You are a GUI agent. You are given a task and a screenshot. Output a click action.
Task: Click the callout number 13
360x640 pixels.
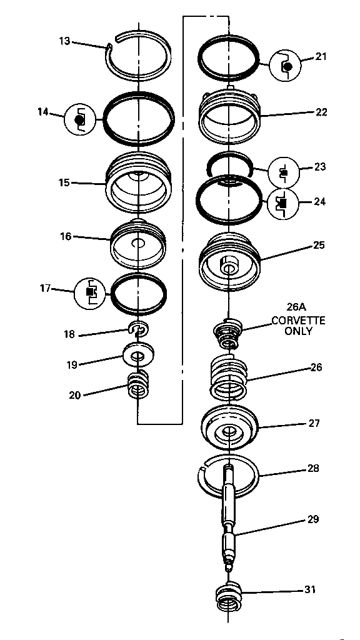65,41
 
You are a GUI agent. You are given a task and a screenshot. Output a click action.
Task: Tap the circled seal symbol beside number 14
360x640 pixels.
79,119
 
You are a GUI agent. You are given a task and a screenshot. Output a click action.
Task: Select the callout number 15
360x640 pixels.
64,182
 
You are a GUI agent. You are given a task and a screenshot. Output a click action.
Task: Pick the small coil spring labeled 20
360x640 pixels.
138,385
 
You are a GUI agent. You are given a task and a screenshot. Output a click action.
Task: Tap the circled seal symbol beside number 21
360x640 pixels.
285,65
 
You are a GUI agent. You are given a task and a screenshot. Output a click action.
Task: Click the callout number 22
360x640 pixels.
321,112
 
